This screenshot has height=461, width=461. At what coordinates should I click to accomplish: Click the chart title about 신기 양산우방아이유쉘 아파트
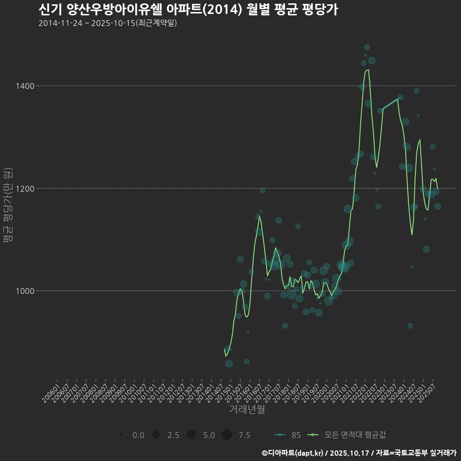click(x=188, y=10)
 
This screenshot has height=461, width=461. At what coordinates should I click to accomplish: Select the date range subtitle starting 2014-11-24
click(x=108, y=23)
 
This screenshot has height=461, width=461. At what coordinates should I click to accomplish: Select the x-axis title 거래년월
click(x=247, y=410)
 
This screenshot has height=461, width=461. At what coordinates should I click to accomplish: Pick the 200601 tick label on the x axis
click(x=51, y=392)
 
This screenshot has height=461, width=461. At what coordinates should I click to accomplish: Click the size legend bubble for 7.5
click(x=227, y=435)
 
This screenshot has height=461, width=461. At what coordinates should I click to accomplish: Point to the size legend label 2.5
click(x=173, y=435)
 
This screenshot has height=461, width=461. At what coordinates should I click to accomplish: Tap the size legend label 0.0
click(x=138, y=435)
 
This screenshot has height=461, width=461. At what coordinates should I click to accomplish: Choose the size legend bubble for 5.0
click(x=191, y=435)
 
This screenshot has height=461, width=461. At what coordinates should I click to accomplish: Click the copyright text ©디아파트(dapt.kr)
click(x=293, y=452)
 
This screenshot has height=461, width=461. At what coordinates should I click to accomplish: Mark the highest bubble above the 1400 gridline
click(x=367, y=47)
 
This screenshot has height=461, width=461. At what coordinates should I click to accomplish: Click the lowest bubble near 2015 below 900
click(x=229, y=364)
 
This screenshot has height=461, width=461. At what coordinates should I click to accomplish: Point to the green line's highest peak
click(x=368, y=70)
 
